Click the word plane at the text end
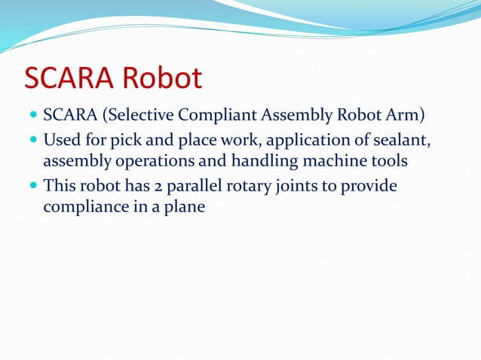click(x=185, y=205)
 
